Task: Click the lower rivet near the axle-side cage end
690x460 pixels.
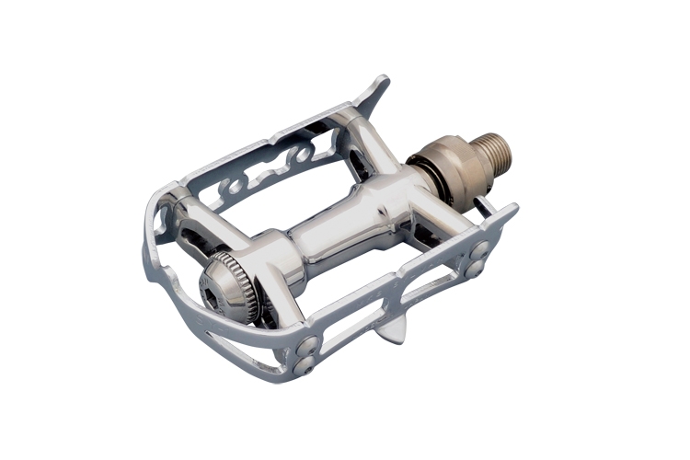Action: [x=476, y=270]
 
